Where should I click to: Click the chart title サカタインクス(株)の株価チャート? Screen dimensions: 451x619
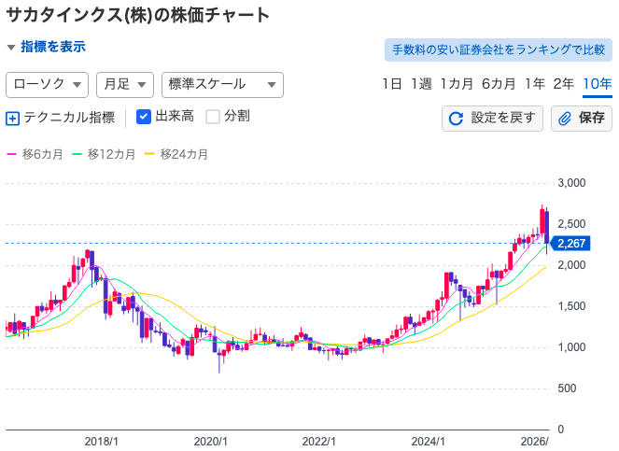tap(138, 15)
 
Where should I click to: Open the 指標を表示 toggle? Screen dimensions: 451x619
tap(46, 47)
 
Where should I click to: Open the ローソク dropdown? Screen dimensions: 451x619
tap(48, 84)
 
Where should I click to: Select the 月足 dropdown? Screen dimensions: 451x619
tap(124, 84)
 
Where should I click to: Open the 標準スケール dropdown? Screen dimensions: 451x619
tap(222, 84)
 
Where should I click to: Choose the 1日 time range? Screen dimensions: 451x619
tap(392, 84)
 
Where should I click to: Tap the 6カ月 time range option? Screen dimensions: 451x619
tap(499, 84)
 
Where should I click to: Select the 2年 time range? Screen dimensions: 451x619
tap(564, 84)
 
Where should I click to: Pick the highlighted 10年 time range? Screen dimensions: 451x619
tap(597, 84)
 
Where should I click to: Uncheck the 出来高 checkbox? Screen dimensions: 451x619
tap(144, 117)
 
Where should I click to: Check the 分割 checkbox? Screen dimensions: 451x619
tap(213, 117)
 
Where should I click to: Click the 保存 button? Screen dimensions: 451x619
tap(581, 118)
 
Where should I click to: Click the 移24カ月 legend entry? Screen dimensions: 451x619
tap(177, 154)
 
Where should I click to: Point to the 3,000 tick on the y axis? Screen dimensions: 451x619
tap(571, 183)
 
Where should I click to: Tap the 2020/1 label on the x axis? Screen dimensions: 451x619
tap(210, 441)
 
